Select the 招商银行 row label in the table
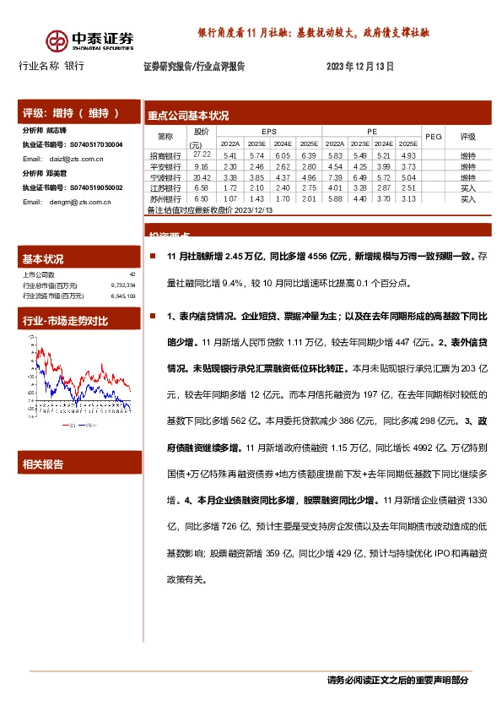click(165, 156)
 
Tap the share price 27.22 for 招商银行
click(201, 155)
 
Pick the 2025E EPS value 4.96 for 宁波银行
click(309, 178)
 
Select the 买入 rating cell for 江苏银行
click(467, 188)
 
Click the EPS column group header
click(268, 131)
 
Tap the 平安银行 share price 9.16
click(201, 167)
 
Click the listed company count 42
click(132, 275)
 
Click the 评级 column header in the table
click(467, 135)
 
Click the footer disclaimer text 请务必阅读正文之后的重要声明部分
click(397, 681)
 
